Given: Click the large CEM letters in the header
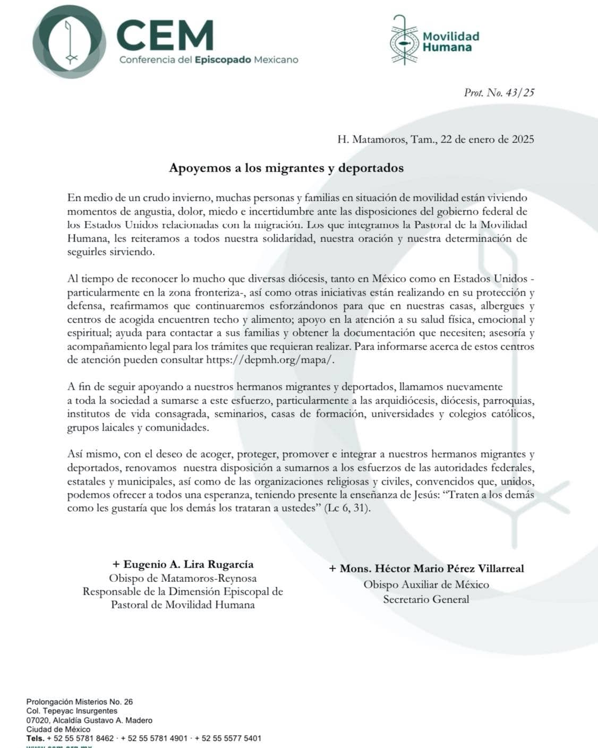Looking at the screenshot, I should tap(165, 35).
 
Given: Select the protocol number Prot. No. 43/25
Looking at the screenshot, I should tap(499, 92).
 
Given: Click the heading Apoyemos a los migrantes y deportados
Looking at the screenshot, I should tap(286, 168).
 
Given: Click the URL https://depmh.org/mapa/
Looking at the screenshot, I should tap(271, 360).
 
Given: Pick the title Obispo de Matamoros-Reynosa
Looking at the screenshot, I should tap(183, 578).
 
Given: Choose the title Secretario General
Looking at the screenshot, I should tap(426, 599).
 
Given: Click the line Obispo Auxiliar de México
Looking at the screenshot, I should tap(426, 584).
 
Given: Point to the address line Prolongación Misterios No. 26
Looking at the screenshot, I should tap(80, 702).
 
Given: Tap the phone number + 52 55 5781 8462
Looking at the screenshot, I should tap(80, 738).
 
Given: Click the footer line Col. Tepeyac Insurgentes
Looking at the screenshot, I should tap(72, 711).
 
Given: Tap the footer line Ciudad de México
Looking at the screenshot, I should tap(58, 729).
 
